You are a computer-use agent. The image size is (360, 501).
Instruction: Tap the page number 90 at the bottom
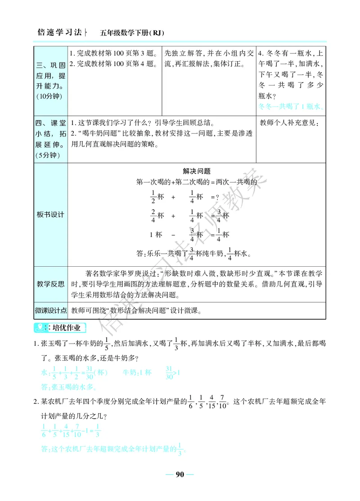click(x=180, y=474)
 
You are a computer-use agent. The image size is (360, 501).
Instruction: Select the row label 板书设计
click(x=50, y=215)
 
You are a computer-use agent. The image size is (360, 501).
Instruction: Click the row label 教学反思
click(x=50, y=284)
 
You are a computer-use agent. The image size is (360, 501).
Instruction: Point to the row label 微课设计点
click(x=51, y=310)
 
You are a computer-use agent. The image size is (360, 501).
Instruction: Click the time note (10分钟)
click(x=49, y=96)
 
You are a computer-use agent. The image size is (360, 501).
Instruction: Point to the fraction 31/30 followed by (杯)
click(x=93, y=372)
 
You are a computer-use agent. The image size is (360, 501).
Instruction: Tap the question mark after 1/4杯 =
click(x=218, y=197)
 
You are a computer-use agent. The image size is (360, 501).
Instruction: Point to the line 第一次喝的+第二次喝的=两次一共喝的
click(x=196, y=182)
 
